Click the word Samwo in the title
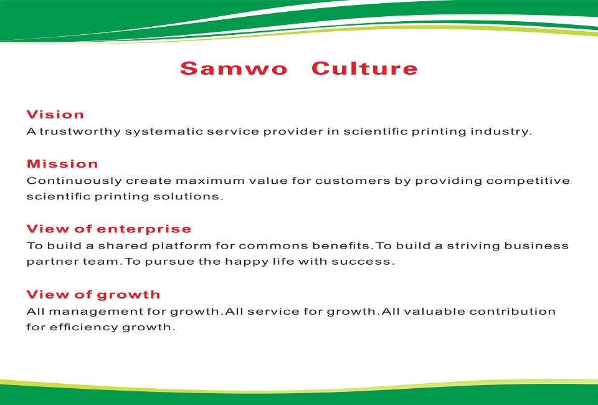234,69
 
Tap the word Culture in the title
364,69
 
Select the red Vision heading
55,115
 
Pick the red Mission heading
62,164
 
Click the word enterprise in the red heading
144,229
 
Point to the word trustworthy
80,131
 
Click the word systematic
164,131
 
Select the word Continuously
74,181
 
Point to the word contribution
513,311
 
